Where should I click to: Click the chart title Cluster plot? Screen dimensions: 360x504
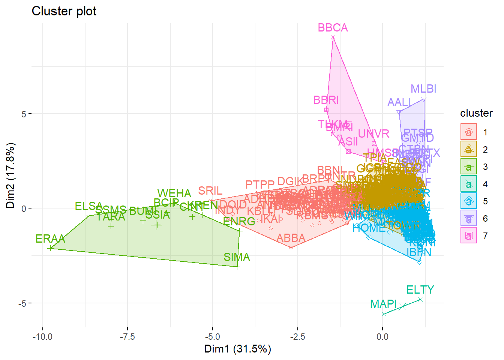coord(64,11)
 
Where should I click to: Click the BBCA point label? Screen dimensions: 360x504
coord(333,28)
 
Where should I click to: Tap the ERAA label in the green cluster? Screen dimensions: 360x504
coord(50,239)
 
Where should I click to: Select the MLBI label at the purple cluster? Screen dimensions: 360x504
coord(423,89)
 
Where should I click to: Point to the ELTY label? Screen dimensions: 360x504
coord(420,290)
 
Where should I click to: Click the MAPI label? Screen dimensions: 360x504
coord(383,304)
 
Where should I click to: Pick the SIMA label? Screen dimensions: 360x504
coord(237,257)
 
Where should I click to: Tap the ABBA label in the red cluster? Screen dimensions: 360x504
coord(291,238)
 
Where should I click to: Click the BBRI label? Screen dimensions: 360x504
coord(326,100)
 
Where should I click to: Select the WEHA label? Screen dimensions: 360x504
coord(174,193)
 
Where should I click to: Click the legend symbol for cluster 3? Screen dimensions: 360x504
coord(469,166)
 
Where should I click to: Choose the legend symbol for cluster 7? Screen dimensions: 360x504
coord(469,235)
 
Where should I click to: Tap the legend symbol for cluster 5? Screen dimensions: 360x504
coord(469,201)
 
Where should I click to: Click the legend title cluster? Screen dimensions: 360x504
coord(476,113)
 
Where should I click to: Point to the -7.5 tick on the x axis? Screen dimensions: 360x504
coord(127,337)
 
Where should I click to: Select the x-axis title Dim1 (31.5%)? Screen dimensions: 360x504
coord(237,349)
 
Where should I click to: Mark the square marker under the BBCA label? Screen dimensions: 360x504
coord(333,37)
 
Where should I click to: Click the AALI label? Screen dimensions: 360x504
coord(399,102)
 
